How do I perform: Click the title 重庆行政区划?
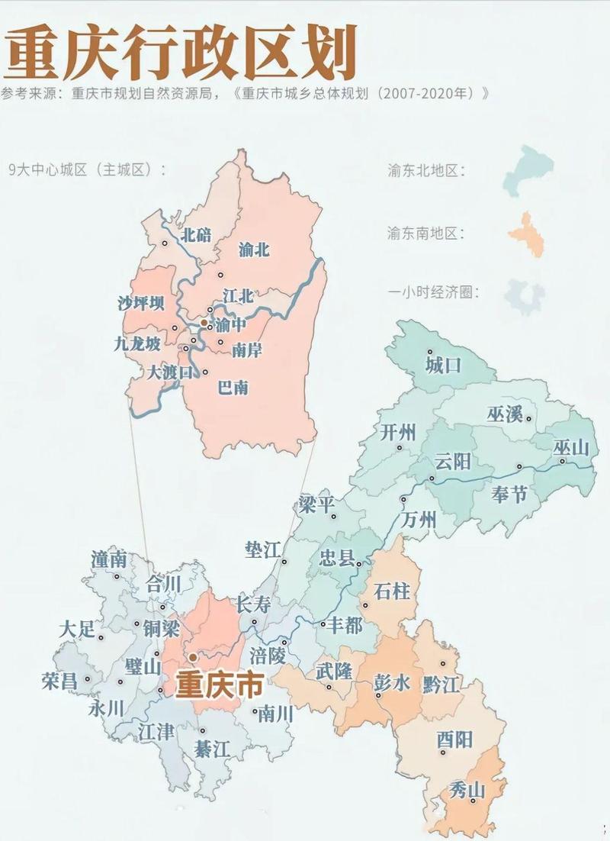coord(181,53)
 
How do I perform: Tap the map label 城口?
coord(443,365)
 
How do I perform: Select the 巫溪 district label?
coord(504,414)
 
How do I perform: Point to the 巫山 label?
coord(571,448)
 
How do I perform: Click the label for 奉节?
coord(509,494)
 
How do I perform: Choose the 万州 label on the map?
coord(418,520)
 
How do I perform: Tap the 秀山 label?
coord(467,788)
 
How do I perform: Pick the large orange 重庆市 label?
coord(219,685)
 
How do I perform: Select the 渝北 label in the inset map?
coord(254,250)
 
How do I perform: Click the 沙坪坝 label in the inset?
coord(140,304)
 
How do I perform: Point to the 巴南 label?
coord(233,388)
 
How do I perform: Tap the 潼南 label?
coord(108,559)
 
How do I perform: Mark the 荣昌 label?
coord(59,681)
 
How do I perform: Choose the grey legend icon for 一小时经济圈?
coord(525,297)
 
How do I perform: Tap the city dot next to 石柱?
coord(364,606)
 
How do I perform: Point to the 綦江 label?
coord(211,749)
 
